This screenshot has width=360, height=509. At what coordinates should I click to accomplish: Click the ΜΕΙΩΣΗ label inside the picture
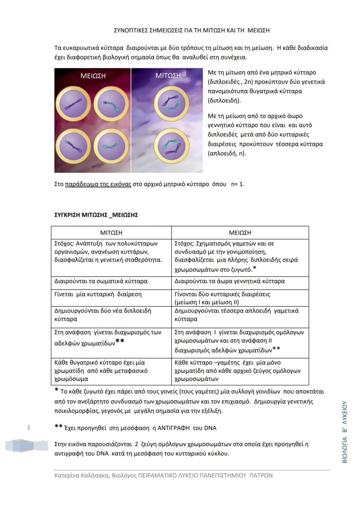click(x=93, y=76)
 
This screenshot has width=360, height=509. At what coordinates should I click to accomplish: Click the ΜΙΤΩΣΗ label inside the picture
click(x=168, y=76)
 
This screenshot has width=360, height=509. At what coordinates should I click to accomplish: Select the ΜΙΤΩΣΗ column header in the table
click(x=111, y=233)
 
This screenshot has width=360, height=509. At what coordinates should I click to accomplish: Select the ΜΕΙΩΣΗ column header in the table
click(x=240, y=233)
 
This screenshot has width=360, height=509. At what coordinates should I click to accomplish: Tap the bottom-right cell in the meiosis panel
click(x=111, y=147)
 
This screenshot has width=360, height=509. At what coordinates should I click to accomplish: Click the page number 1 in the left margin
click(x=29, y=428)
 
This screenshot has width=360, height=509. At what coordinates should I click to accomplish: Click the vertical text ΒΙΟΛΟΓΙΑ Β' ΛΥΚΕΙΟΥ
click(x=345, y=432)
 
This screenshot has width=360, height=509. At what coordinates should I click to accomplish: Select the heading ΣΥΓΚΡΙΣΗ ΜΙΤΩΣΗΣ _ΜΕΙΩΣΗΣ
click(x=96, y=215)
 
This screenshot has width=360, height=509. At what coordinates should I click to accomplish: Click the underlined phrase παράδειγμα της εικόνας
click(x=98, y=184)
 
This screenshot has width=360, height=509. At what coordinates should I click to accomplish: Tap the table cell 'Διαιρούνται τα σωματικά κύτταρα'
click(x=101, y=281)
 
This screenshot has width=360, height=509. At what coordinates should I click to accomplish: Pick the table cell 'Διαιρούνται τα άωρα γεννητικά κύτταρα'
click(x=230, y=281)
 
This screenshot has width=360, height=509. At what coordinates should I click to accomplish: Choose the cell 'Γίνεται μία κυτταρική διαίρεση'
click(x=98, y=294)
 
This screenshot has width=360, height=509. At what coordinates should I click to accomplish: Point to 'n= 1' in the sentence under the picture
click(x=238, y=184)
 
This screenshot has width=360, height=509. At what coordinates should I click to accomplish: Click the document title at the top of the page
click(x=192, y=30)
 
